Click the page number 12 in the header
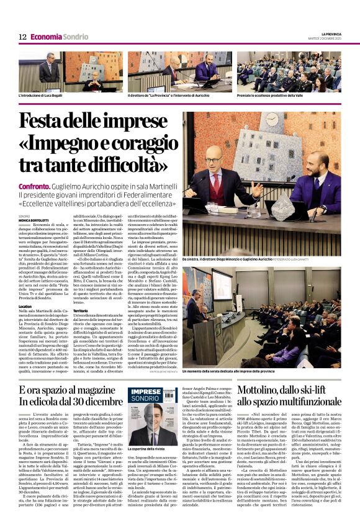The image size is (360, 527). pos(22,37)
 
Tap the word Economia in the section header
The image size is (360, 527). pos(46,37)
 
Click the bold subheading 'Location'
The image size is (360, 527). pos(25,307)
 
